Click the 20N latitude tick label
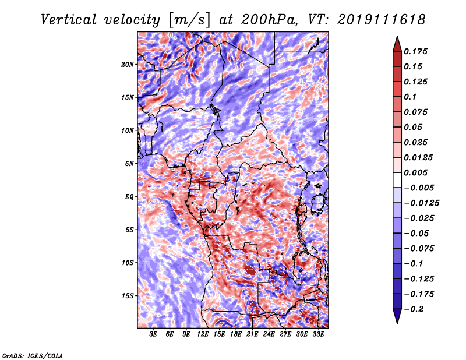pyautogui.click(x=128, y=64)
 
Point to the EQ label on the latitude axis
pyautogui.click(x=129, y=196)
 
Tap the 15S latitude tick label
pyautogui.click(x=128, y=295)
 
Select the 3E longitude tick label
pyautogui.click(x=153, y=334)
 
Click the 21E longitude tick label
pyautogui.click(x=252, y=334)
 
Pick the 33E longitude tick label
pyautogui.click(x=318, y=334)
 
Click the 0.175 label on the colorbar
pyautogui.click(x=415, y=51)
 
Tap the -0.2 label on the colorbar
pyautogui.click(x=414, y=309)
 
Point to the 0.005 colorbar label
pyautogui.click(x=415, y=172)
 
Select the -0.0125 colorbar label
pyautogui.click(x=421, y=203)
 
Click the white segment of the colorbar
pyautogui.click(x=397, y=180)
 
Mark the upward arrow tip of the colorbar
pyautogui.click(x=397, y=36)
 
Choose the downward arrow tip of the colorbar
pyautogui.click(x=397, y=324)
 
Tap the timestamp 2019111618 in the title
pyautogui.click(x=382, y=20)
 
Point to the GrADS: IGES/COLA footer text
pyautogui.click(x=33, y=355)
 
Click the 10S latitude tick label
pyautogui.click(x=128, y=263)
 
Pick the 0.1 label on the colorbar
pyautogui.click(x=410, y=97)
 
